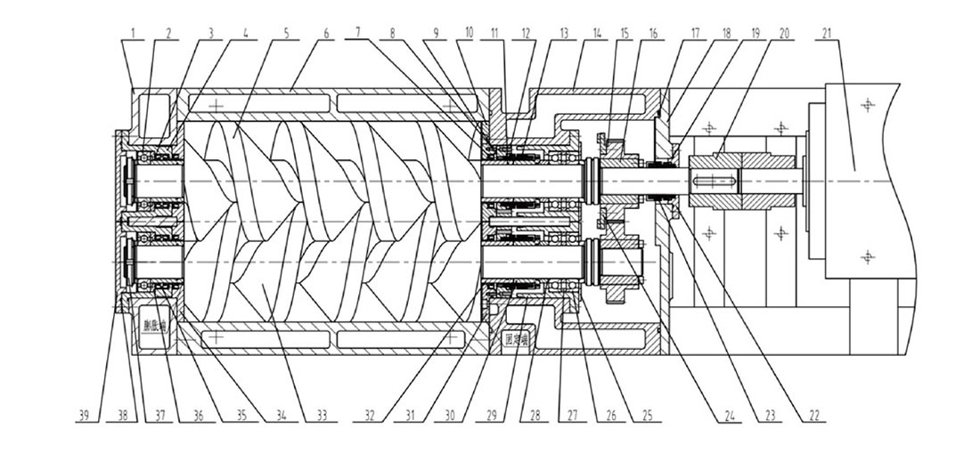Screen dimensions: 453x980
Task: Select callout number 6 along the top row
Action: click(326, 34)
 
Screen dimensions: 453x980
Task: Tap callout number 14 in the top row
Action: click(596, 34)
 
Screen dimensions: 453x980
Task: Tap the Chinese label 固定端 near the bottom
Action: click(518, 314)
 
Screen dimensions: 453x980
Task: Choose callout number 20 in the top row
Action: click(783, 34)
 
